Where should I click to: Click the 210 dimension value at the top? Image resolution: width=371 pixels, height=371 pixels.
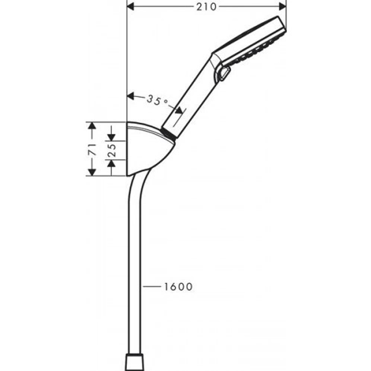click(206, 7)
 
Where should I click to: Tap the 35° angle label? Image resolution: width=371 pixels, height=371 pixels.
click(157, 100)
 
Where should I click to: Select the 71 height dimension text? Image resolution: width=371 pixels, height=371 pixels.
click(92, 149)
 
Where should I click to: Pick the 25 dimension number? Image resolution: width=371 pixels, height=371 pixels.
click(112, 150)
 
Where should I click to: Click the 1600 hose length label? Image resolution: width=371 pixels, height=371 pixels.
click(178, 287)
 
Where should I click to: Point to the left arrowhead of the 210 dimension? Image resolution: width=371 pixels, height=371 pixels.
click(131, 7)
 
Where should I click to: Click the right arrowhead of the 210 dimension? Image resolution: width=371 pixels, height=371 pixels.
click(282, 7)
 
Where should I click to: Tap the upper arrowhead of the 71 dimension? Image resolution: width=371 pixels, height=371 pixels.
click(92, 126)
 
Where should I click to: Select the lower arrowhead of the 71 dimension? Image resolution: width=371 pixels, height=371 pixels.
click(92, 172)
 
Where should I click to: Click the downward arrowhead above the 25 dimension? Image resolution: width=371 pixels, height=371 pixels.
click(111, 137)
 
